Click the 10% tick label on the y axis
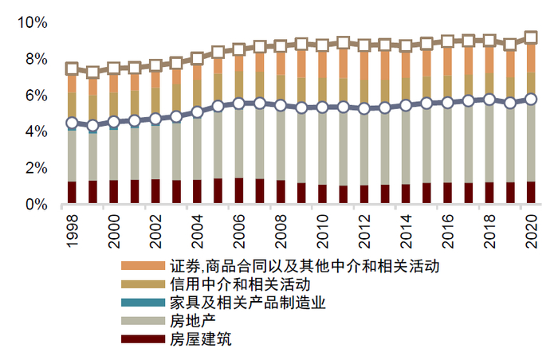pyautogui.click(x=31, y=22)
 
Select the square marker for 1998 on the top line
pyautogui.click(x=72, y=68)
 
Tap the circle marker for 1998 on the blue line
pyautogui.click(x=72, y=123)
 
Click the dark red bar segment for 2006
pyautogui.click(x=239, y=191)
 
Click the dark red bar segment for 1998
pyautogui.click(x=72, y=193)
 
